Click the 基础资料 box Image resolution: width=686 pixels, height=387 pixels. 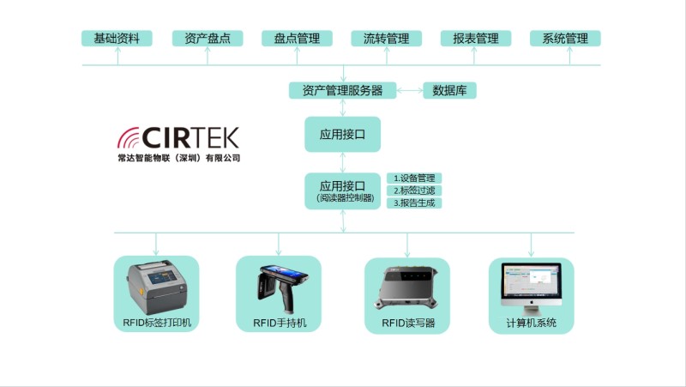117,39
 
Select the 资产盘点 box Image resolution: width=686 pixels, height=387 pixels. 208,39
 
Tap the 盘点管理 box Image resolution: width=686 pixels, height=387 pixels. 297,39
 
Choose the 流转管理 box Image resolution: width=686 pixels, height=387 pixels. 386,39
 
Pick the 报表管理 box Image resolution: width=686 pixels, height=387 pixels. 476,39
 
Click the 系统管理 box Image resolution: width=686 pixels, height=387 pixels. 565,39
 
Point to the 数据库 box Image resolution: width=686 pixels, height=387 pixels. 449,90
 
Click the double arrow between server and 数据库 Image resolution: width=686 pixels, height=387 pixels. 410,90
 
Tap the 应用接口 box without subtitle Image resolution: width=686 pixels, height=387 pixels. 342,135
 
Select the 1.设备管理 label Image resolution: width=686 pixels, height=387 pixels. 416,178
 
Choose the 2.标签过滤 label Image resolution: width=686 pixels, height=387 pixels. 416,190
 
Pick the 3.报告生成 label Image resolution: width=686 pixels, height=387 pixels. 416,203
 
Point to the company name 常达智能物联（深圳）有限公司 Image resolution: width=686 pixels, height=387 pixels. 179,159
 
